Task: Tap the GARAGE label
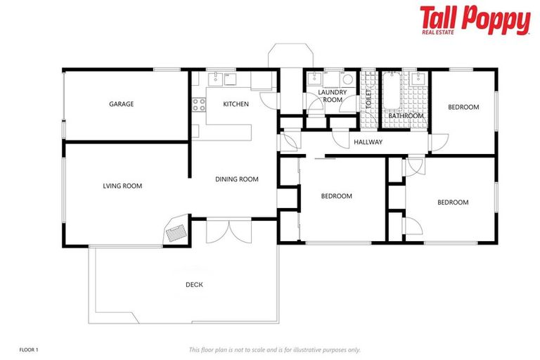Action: pos(121,104)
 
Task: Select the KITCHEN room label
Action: pos(236,104)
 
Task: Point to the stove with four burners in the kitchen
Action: pos(199,105)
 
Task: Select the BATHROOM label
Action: pos(406,116)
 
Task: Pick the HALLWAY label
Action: pos(368,142)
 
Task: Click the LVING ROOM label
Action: pos(122,186)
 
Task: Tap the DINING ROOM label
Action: pos(236,179)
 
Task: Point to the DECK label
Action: pos(194,285)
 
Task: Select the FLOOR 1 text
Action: pos(28,349)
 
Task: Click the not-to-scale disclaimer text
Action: pos(274,349)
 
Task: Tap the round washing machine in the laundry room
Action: pos(347,79)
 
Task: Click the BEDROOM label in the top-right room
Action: pos(463,107)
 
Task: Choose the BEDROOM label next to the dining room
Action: pos(336,196)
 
